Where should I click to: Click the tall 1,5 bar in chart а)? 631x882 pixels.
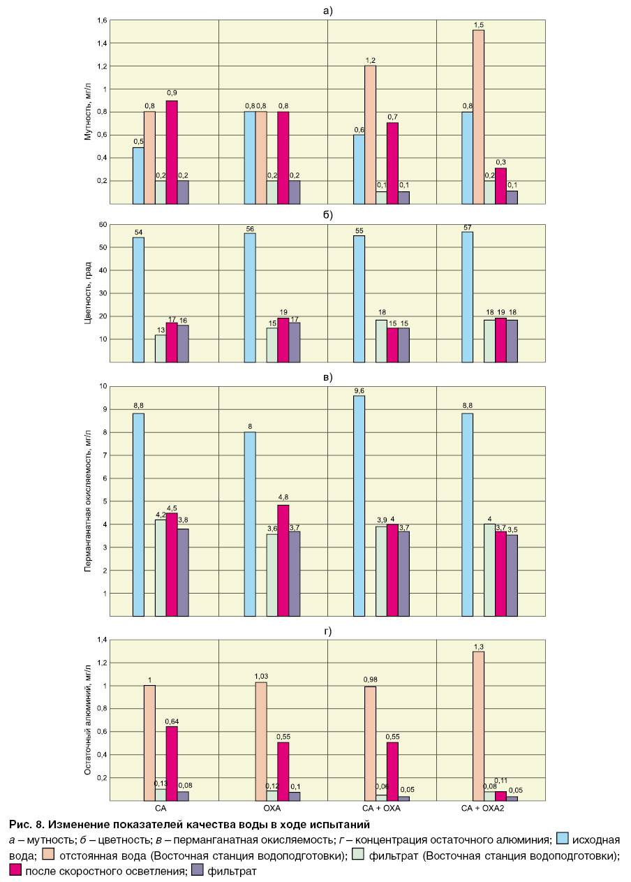coord(478,117)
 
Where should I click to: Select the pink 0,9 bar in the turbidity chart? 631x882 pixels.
coord(172,152)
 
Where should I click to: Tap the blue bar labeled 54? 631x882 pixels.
coord(138,300)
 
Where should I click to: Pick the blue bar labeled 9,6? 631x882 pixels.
coord(359,506)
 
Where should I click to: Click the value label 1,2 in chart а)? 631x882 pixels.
coord(370,60)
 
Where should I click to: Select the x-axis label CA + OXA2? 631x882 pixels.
coord(482,807)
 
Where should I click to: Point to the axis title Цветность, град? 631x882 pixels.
coord(88,293)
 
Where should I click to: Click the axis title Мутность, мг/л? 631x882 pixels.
coord(88,112)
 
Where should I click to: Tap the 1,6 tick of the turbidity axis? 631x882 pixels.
coord(102,21)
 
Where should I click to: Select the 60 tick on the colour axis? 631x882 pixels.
coord(103,225)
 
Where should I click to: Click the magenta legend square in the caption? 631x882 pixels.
coord(15,870)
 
